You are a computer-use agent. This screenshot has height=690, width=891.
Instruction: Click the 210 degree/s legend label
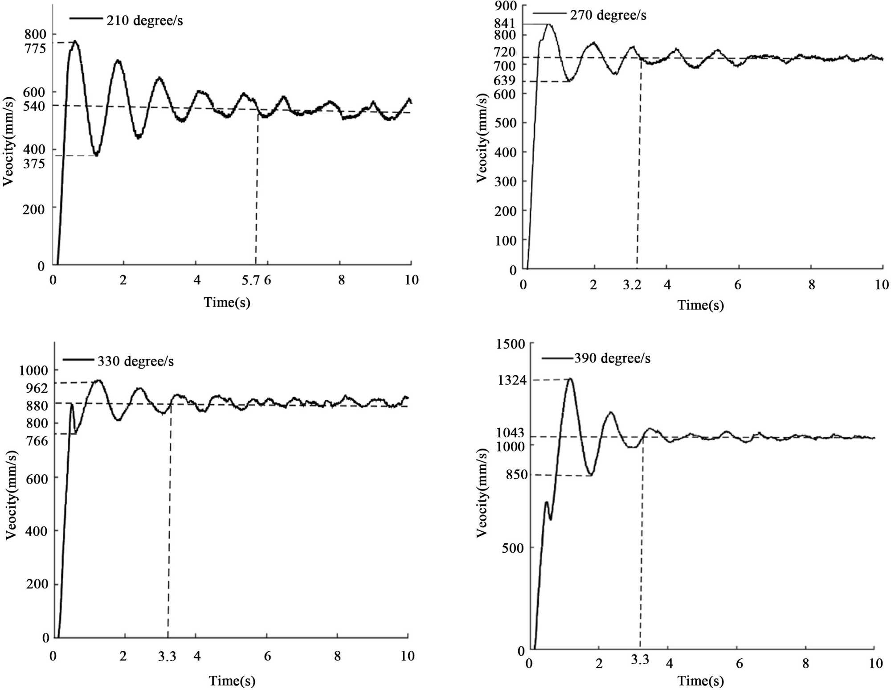coord(144,21)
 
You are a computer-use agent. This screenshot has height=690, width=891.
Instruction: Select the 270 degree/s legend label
coord(608,15)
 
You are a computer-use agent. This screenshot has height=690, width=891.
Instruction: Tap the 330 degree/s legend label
coord(135,361)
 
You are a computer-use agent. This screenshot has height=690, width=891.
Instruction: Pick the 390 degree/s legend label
coord(612,358)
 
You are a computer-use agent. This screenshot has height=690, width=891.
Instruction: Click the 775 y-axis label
coord(35,48)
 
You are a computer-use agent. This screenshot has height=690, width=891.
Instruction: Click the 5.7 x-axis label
coord(250,280)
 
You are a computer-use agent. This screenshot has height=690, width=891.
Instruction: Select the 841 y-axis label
coord(505,23)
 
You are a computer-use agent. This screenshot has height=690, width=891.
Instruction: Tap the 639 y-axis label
coord(505,81)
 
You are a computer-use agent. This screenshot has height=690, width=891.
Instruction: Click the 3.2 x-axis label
coord(632,285)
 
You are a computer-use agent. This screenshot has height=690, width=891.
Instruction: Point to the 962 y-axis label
coord(37,388)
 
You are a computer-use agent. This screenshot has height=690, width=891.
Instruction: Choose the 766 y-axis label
coord(37,441)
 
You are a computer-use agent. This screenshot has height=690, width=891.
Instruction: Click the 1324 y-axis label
coord(512,380)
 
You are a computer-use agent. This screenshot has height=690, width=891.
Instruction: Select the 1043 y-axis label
coord(511,432)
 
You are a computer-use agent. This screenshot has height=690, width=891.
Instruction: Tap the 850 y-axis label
coord(517,474)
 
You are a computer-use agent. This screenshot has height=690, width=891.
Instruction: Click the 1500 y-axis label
coord(511,344)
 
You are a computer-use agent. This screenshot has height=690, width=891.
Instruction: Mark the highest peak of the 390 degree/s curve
coord(570,379)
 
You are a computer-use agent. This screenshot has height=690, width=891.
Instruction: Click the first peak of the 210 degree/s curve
coord(75,42)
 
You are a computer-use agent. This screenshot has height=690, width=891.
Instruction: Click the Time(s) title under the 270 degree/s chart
coord(700,305)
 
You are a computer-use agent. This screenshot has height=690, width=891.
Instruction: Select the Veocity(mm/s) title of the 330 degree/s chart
coord(12,495)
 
